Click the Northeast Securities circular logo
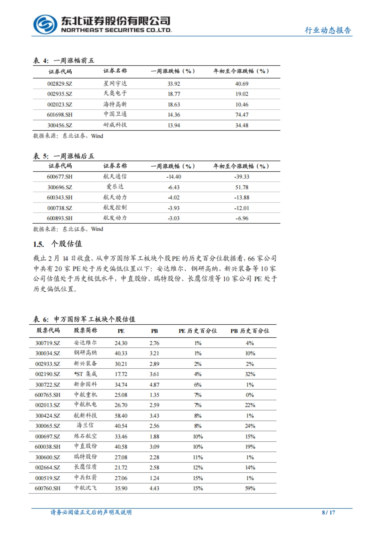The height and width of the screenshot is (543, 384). pos(45,25)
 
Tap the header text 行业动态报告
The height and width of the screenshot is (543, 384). pos(328,30)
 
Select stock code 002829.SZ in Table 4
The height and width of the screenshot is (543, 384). pos(60,84)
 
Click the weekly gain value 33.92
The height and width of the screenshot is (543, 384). pos(174,84)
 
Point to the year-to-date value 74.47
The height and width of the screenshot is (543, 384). pos(242,115)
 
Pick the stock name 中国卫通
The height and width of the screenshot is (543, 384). pos(115,114)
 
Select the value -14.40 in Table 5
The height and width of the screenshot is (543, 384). pos(174,177)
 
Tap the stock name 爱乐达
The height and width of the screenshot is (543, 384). pos(115,187)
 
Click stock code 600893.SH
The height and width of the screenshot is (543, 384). pos(60,218)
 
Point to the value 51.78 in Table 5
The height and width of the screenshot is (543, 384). pos(242,187)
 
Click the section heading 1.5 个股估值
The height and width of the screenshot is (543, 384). pos(58,244)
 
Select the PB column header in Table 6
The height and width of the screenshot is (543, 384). pos(154,331)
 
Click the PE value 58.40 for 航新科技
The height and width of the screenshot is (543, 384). pos(121,416)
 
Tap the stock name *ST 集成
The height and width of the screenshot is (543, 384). pos(85,374)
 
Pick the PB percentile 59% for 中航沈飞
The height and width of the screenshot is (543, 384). pos(250,488)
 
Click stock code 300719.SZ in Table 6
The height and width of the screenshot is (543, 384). pos(48,343)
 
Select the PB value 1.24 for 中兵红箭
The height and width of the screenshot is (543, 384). pos(154,478)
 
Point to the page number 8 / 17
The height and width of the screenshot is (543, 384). pos(328,512)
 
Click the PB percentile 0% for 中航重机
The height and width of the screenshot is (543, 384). pos(250,395)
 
